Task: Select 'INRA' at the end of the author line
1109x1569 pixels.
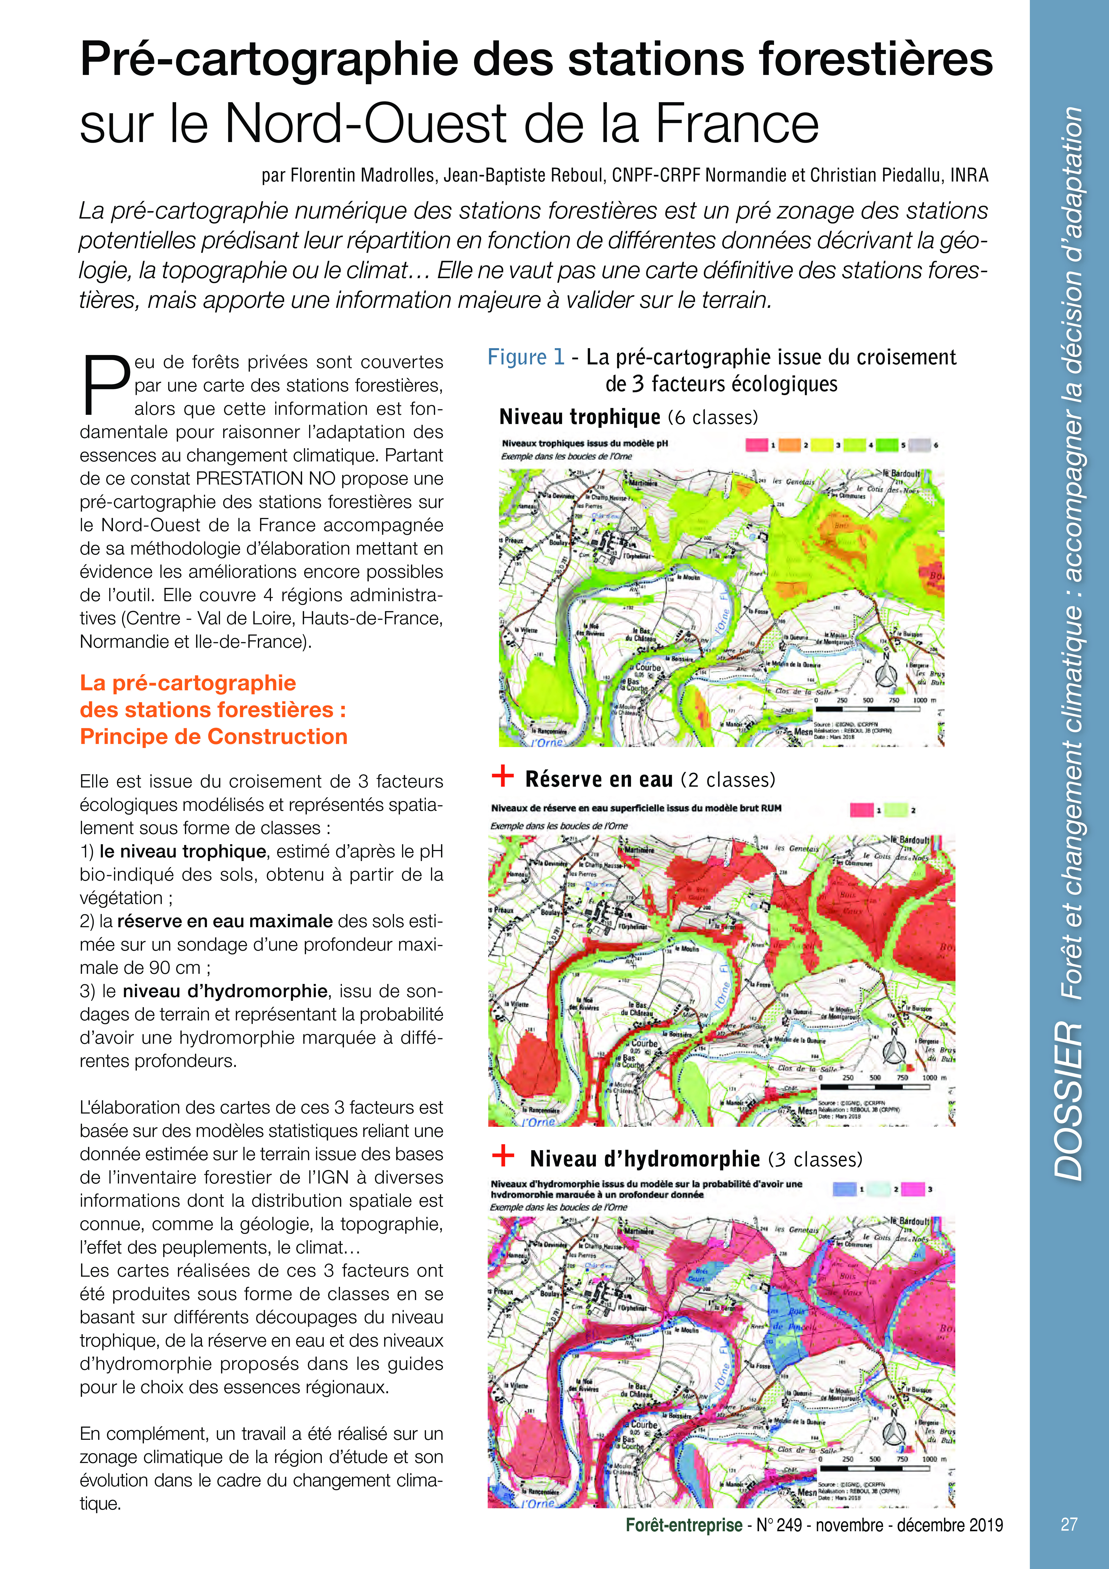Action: pos(969,176)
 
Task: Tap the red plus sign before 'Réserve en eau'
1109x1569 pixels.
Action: pos(503,776)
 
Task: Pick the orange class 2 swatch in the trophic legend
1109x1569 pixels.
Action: pos(789,445)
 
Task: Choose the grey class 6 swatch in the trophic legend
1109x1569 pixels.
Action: pos(919,445)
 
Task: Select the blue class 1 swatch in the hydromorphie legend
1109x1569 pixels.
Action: pos(845,1189)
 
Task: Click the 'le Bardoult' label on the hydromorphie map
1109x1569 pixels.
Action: pos(909,1221)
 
